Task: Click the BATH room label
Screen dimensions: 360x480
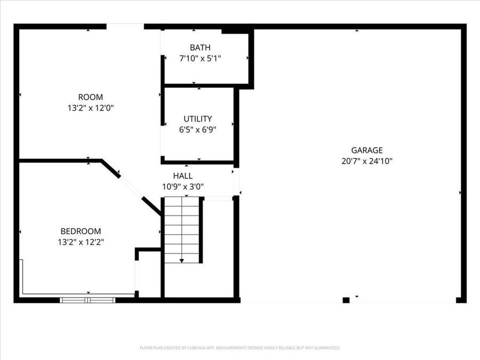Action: [199, 47]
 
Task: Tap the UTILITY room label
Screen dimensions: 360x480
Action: [197, 118]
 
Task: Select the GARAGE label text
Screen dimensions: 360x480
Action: [366, 150]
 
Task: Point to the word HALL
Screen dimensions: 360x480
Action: [183, 175]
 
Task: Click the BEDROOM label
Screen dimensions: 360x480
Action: [81, 231]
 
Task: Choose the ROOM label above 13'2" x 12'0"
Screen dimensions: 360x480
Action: [90, 97]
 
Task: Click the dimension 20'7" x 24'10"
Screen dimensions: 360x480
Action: [366, 161]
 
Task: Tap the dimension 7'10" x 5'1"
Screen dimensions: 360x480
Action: [199, 58]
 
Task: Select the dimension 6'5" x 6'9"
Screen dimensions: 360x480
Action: [197, 129]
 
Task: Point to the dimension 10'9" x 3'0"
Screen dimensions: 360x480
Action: [183, 186]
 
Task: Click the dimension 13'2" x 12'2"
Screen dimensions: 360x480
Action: [81, 242]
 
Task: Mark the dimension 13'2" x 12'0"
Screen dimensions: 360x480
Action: [90, 107]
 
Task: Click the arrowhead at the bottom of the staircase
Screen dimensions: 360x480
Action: [182, 260]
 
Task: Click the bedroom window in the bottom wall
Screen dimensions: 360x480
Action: [87, 300]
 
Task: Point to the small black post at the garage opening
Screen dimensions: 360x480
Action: [346, 300]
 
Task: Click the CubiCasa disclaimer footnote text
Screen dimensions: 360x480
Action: [239, 348]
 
